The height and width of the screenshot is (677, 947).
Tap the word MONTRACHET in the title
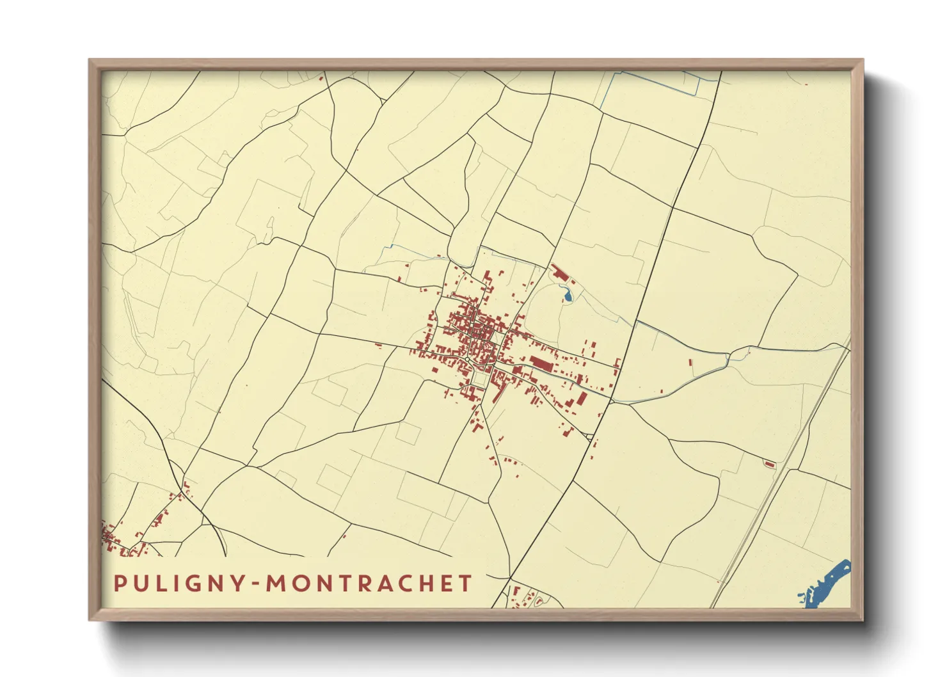coord(369,584)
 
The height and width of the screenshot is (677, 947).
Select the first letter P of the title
coord(119,584)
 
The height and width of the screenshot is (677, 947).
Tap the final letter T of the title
coord(465,584)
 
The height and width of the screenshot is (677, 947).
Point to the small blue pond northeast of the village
coord(567,296)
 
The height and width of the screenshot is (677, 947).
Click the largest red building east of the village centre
coord(541,364)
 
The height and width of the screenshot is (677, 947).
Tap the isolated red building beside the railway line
coord(770,464)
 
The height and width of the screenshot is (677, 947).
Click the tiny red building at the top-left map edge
coord(321,79)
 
